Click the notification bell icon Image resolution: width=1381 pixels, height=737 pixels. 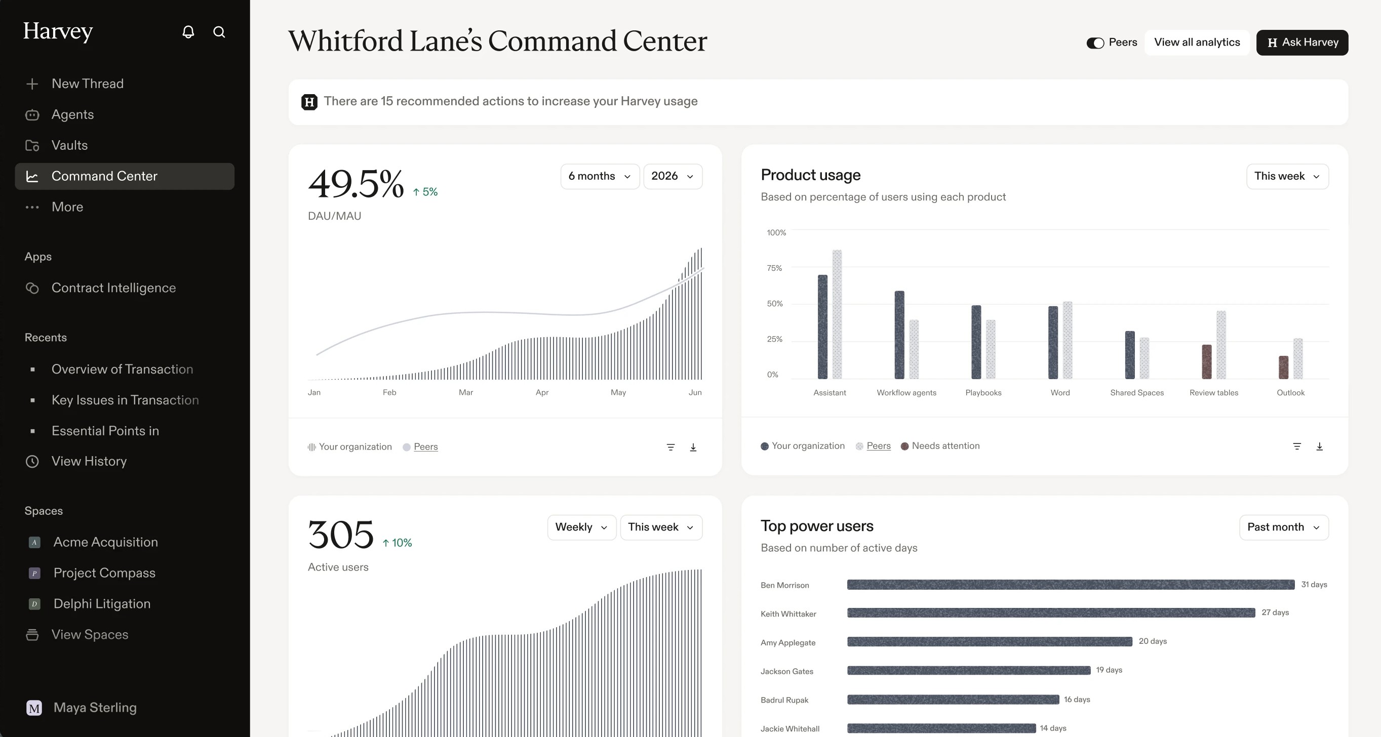188,31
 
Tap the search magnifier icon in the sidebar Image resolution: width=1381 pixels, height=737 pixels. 219,31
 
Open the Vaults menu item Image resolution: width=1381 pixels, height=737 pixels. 69,145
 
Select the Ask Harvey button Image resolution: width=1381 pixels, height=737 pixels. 1302,43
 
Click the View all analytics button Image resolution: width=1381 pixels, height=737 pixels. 1197,43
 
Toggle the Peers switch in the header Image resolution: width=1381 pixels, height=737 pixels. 1095,43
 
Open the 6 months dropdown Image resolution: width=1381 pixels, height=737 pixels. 600,176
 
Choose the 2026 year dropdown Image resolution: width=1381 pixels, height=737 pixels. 673,176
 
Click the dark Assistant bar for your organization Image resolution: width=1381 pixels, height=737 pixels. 822,327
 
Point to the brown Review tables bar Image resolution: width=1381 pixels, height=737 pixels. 1207,362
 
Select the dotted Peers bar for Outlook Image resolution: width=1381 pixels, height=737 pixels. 1298,358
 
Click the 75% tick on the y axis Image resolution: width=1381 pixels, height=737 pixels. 774,268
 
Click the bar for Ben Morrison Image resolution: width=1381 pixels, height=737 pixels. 1071,584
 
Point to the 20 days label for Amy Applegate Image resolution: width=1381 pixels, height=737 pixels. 1153,641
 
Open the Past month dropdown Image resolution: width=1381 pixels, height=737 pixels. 1283,527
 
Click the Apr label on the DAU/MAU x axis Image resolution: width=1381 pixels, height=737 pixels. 542,392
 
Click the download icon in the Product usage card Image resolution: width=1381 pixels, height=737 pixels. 1319,446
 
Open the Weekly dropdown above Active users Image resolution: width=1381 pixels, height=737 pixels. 582,527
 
